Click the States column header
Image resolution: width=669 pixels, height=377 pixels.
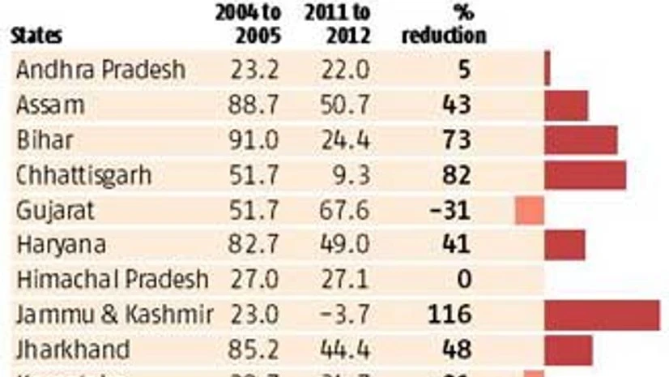(x=36, y=36)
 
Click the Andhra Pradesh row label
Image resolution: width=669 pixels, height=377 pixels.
(x=100, y=71)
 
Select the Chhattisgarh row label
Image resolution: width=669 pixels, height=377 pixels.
(x=84, y=175)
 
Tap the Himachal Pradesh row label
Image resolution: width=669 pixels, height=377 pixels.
(x=112, y=280)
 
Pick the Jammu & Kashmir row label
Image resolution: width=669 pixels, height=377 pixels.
(x=114, y=315)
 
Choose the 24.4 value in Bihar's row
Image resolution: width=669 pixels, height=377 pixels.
(x=346, y=140)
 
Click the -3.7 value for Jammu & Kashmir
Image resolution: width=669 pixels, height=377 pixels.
(x=346, y=315)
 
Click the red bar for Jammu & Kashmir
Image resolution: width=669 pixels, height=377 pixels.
(x=602, y=315)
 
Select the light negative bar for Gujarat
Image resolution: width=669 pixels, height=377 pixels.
(x=530, y=211)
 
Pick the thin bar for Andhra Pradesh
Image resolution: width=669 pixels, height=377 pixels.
(x=548, y=69)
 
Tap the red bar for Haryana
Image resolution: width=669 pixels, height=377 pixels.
(x=565, y=245)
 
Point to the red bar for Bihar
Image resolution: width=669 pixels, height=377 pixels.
(x=581, y=140)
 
